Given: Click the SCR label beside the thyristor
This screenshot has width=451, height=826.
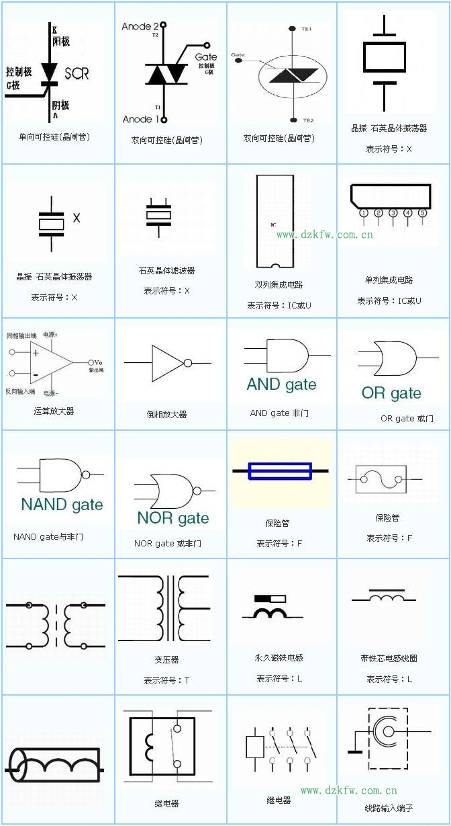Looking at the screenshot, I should click(x=77, y=73).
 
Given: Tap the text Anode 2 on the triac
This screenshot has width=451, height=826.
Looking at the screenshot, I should click(x=140, y=26).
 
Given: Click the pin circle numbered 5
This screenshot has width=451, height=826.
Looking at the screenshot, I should click(x=423, y=213).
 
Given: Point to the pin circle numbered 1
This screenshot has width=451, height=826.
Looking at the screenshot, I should click(x=363, y=213).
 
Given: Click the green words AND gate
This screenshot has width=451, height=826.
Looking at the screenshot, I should click(x=281, y=384).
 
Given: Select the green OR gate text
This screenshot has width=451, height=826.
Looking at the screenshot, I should click(x=391, y=393).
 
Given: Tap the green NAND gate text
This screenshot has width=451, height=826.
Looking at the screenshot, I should click(x=62, y=505).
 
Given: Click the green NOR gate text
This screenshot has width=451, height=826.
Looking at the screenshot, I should click(x=172, y=518).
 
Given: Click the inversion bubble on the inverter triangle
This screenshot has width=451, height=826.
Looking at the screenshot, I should click(x=188, y=364).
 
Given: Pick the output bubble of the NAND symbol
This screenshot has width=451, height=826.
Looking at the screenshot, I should click(x=85, y=474).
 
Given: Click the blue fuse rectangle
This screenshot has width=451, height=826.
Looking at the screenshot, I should click(x=280, y=470).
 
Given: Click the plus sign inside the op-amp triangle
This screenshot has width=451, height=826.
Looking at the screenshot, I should click(x=36, y=353).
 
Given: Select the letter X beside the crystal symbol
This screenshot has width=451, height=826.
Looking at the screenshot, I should click(x=77, y=218).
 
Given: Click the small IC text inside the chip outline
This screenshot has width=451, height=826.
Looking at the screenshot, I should click(x=273, y=224).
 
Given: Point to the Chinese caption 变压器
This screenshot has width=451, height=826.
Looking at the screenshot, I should click(x=166, y=660).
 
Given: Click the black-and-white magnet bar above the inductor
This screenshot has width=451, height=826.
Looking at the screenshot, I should click(x=270, y=598).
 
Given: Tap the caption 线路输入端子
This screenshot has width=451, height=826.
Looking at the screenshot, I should click(x=389, y=808).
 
